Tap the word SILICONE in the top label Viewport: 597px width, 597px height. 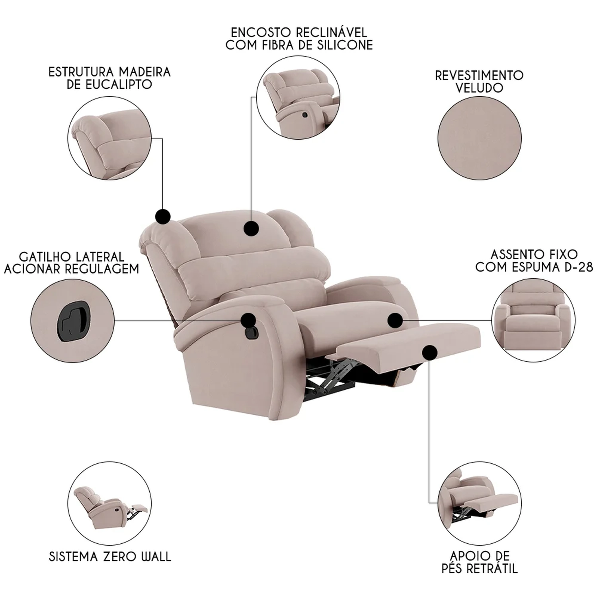pos(345,45)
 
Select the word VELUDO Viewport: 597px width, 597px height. pos(479,88)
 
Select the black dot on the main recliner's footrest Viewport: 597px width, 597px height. pos(430,353)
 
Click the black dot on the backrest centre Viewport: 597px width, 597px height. pos(251,228)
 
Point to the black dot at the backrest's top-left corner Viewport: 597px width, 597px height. pos(162,217)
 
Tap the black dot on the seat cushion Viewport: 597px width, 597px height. pos(395,320)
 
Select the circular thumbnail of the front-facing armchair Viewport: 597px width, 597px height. pos(533,320)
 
